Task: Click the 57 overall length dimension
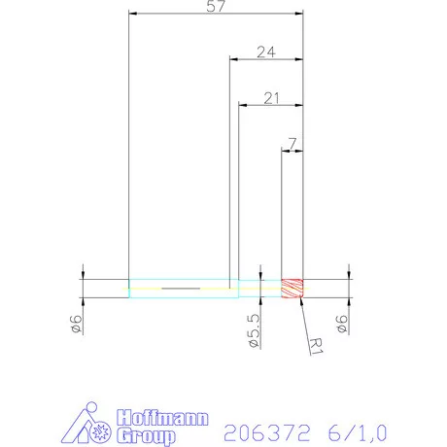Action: coord(216,7)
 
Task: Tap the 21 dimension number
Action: coord(271,97)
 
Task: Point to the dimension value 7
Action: coord(292,143)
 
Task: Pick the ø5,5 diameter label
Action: coord(254,329)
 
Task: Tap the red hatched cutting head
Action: coord(292,289)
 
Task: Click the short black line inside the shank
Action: coord(181,289)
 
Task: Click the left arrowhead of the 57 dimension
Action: coord(133,15)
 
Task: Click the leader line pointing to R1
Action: coord(305,315)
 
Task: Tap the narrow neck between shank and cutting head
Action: coord(260,289)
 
